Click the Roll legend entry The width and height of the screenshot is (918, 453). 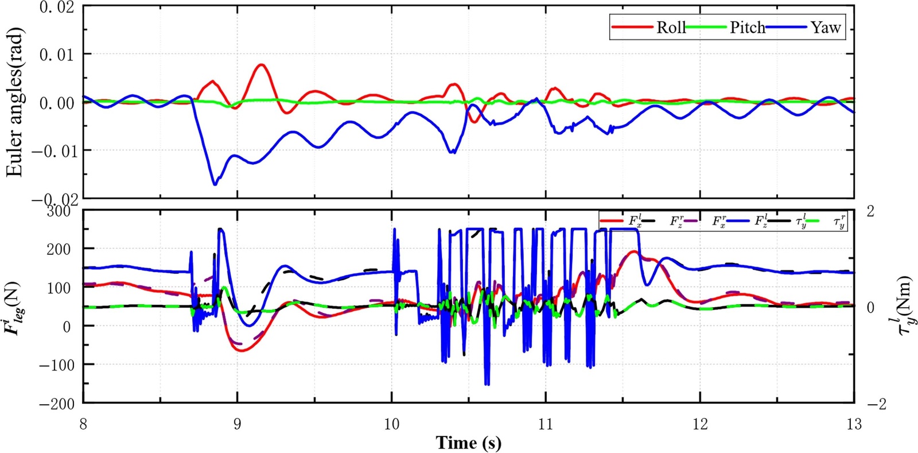[x=671, y=28]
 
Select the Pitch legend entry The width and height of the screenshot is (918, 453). [x=747, y=28]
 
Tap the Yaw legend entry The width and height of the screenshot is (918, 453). [x=825, y=28]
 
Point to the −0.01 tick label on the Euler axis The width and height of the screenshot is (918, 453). [x=52, y=150]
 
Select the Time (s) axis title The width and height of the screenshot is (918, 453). [x=468, y=443]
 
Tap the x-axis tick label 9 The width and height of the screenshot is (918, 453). [x=238, y=424]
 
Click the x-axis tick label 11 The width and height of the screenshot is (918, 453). [x=546, y=424]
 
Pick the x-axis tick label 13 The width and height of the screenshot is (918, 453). [x=854, y=424]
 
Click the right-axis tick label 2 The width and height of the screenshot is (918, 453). [x=870, y=211]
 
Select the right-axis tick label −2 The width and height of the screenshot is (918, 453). [x=876, y=404]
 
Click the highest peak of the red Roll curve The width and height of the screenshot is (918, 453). [x=262, y=64]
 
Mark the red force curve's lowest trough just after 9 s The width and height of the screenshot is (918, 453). [x=241, y=350]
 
